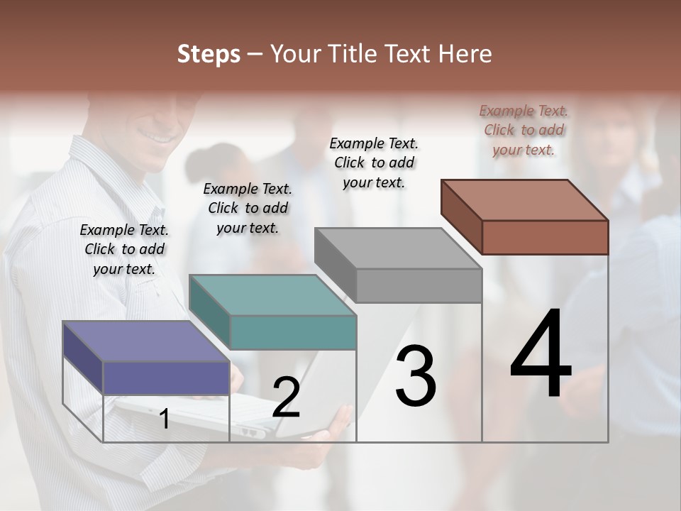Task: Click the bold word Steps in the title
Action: [x=209, y=54]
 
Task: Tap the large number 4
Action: [x=541, y=355]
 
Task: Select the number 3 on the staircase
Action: [x=415, y=375]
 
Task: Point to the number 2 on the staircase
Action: [x=286, y=397]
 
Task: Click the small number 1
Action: [x=165, y=419]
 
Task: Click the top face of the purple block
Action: [x=145, y=341]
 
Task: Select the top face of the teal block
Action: [x=272, y=295]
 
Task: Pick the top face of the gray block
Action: [x=397, y=248]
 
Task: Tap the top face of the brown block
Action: [x=524, y=200]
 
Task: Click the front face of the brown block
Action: [x=545, y=237]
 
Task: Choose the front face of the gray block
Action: [x=419, y=285]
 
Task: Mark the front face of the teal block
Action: [x=293, y=332]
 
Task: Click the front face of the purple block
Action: [x=166, y=378]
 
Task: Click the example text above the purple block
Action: [x=124, y=249]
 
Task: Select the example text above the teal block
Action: [x=248, y=208]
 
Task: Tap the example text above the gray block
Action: [x=374, y=163]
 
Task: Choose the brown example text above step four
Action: [x=524, y=130]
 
